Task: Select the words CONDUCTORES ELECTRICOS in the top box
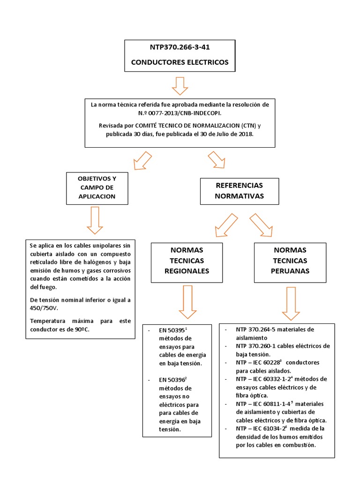(180, 62)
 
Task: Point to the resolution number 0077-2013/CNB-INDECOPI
(180, 113)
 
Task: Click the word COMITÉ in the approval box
(150, 126)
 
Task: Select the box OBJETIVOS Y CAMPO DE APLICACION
(97, 187)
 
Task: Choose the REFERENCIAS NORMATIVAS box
(239, 191)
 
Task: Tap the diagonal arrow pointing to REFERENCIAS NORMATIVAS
(217, 159)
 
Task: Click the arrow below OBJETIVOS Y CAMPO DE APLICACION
(95, 220)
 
